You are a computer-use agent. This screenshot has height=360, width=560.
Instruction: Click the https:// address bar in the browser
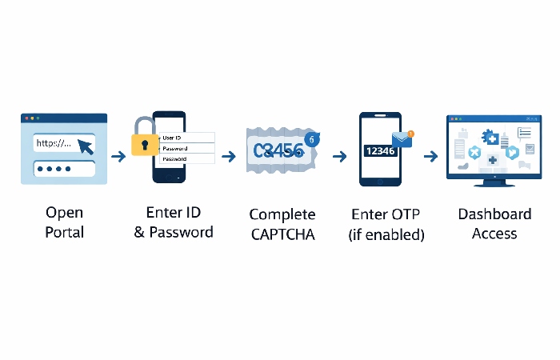click(x=56, y=144)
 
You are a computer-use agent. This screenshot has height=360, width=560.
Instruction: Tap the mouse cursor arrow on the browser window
click(x=84, y=145)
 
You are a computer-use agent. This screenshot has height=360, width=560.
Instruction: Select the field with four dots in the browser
click(x=64, y=170)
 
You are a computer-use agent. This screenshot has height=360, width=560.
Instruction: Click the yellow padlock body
click(x=145, y=146)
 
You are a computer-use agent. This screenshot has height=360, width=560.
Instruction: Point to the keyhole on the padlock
click(x=145, y=146)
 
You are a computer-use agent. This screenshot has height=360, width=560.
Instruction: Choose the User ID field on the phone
click(x=187, y=138)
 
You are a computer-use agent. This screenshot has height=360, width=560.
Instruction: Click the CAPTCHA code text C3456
click(x=278, y=149)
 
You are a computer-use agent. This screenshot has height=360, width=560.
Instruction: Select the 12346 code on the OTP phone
click(x=380, y=150)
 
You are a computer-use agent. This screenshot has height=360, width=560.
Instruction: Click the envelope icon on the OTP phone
click(x=401, y=142)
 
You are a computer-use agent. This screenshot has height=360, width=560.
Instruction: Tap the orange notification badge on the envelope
click(x=410, y=134)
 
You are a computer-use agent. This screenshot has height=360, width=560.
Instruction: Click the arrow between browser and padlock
click(x=118, y=156)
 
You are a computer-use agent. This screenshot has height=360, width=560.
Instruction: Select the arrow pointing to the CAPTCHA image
click(x=230, y=156)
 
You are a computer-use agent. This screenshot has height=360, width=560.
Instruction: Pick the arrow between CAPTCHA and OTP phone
click(x=339, y=156)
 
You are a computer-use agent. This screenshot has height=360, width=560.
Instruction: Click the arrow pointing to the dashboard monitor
click(x=430, y=156)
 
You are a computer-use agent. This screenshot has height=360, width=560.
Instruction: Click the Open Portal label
click(x=64, y=223)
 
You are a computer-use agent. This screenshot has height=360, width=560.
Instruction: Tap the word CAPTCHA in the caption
click(x=282, y=234)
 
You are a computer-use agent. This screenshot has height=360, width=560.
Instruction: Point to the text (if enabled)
click(x=387, y=234)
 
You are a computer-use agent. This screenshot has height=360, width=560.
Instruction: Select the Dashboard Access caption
click(x=494, y=223)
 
